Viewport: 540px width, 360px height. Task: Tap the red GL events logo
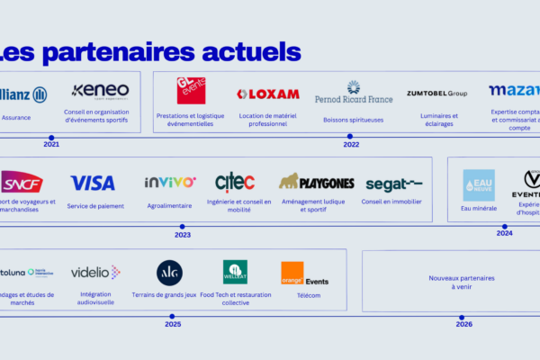191,91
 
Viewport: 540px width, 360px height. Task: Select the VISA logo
93,183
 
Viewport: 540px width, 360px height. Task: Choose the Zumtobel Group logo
436,94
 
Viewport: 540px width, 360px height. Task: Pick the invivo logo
169,182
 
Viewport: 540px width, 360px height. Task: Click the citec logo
235,182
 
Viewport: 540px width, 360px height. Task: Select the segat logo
393,184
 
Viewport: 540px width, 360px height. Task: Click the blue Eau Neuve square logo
479,184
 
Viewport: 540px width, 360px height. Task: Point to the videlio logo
95,272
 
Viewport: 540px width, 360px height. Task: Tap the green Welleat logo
235,272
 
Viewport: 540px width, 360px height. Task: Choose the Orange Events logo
303,274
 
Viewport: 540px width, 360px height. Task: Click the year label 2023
183,235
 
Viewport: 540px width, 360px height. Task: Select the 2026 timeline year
463,325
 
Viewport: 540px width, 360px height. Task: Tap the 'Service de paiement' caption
94,206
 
